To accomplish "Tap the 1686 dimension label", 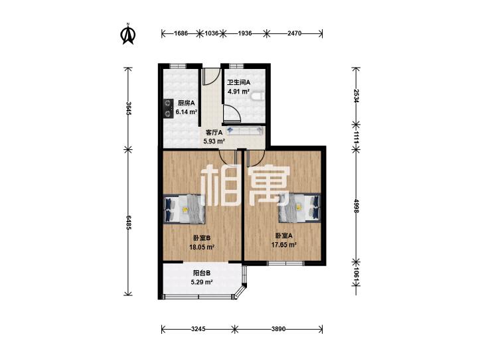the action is point(181,33).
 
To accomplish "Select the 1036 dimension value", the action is point(212,33).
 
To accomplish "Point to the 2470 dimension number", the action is point(294,33).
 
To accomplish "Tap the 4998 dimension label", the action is point(357,206).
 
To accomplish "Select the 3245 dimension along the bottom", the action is point(198,329).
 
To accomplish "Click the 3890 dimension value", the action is point(278,329).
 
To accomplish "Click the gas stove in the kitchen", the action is point(168,108).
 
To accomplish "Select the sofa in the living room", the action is point(245,131).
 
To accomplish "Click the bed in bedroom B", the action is point(185,209).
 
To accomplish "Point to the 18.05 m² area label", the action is point(202,247).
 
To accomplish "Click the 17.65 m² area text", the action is point(284,245).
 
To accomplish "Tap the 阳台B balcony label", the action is point(202,273).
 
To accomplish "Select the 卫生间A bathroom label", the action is point(238,83).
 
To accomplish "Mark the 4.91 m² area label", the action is point(238,92).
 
